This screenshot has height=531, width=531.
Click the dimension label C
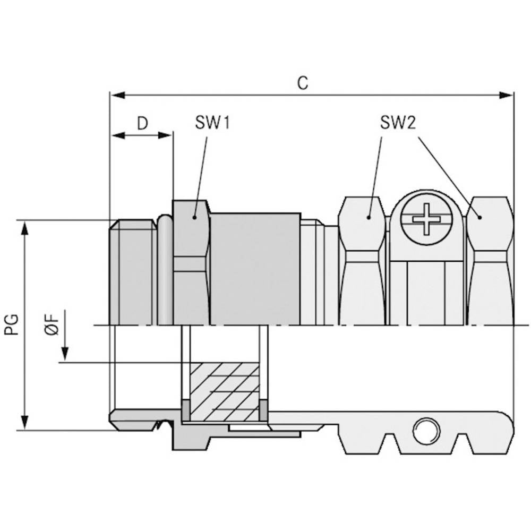302,83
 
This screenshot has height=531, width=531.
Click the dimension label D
142,123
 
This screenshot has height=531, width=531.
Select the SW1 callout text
212,123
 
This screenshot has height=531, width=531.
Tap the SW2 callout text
398,123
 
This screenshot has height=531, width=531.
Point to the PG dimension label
12,324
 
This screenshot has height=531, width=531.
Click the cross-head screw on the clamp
427,218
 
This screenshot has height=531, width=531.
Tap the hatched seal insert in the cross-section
225,392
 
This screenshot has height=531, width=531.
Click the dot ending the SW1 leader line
195,217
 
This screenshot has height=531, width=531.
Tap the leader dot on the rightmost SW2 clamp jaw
479,217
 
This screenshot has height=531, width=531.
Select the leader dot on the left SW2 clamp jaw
368,217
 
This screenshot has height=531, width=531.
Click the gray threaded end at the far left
133,273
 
